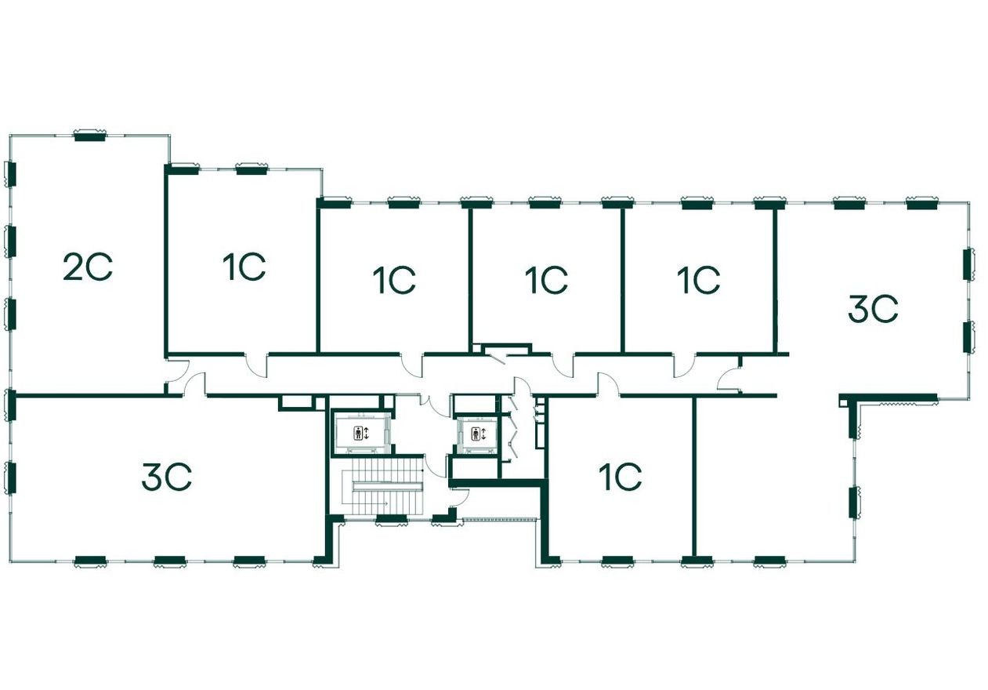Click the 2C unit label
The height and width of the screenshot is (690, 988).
coord(88,268)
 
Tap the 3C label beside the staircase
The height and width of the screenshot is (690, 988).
coord(166,477)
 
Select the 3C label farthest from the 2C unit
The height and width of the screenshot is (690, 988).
coord(872,309)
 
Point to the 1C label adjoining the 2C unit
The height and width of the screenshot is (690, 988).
coord(244,268)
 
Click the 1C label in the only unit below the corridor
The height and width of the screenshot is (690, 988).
coord(620,477)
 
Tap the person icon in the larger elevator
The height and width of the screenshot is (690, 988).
coord(358,432)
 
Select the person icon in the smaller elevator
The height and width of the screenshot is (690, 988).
coord(475,434)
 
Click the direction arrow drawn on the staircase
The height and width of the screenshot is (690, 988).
coord(385,503)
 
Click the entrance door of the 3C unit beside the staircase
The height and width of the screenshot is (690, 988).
coord(195,384)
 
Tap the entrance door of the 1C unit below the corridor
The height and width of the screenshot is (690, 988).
coord(608,384)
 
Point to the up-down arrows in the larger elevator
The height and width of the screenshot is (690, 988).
coord(366,432)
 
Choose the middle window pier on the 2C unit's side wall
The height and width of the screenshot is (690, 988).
coord(10,241)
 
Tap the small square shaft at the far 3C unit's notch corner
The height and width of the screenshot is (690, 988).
coord(843,402)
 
